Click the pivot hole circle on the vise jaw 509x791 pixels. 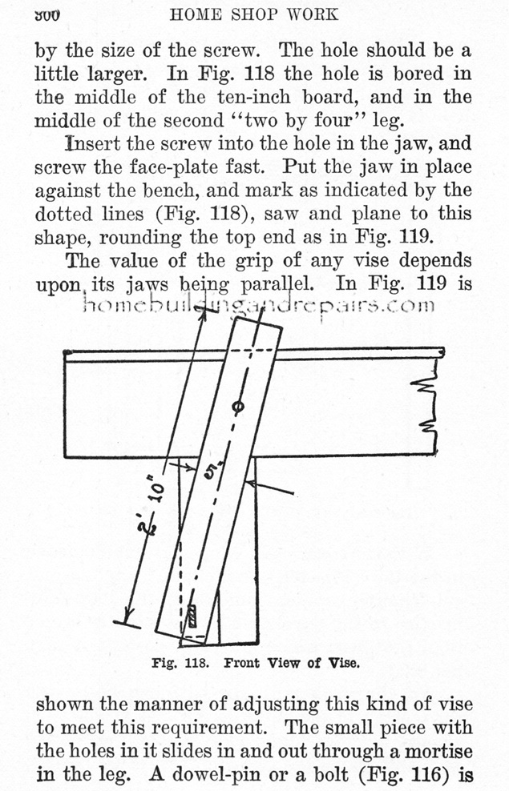(239, 406)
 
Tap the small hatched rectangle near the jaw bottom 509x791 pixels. (192, 616)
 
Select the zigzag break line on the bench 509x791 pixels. (425, 407)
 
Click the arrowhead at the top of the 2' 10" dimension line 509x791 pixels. (204, 315)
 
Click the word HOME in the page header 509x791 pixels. (195, 14)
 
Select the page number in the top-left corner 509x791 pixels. (47, 14)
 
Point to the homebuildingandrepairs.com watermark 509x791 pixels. (257, 304)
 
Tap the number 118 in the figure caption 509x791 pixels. (197, 663)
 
